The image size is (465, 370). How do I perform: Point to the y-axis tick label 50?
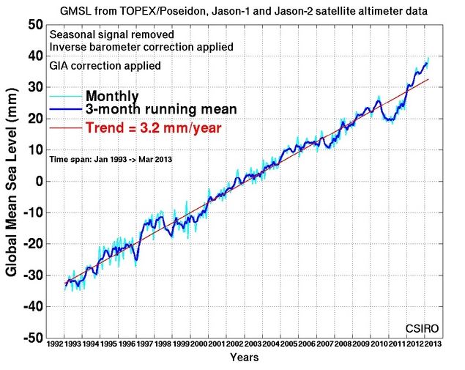[x=32, y=24]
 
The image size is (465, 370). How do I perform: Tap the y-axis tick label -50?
[x=30, y=338]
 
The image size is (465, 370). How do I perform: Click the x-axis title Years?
[x=243, y=358]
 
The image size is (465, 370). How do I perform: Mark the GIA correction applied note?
[x=105, y=65]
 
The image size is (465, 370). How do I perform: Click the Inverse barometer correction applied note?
[x=141, y=47]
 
